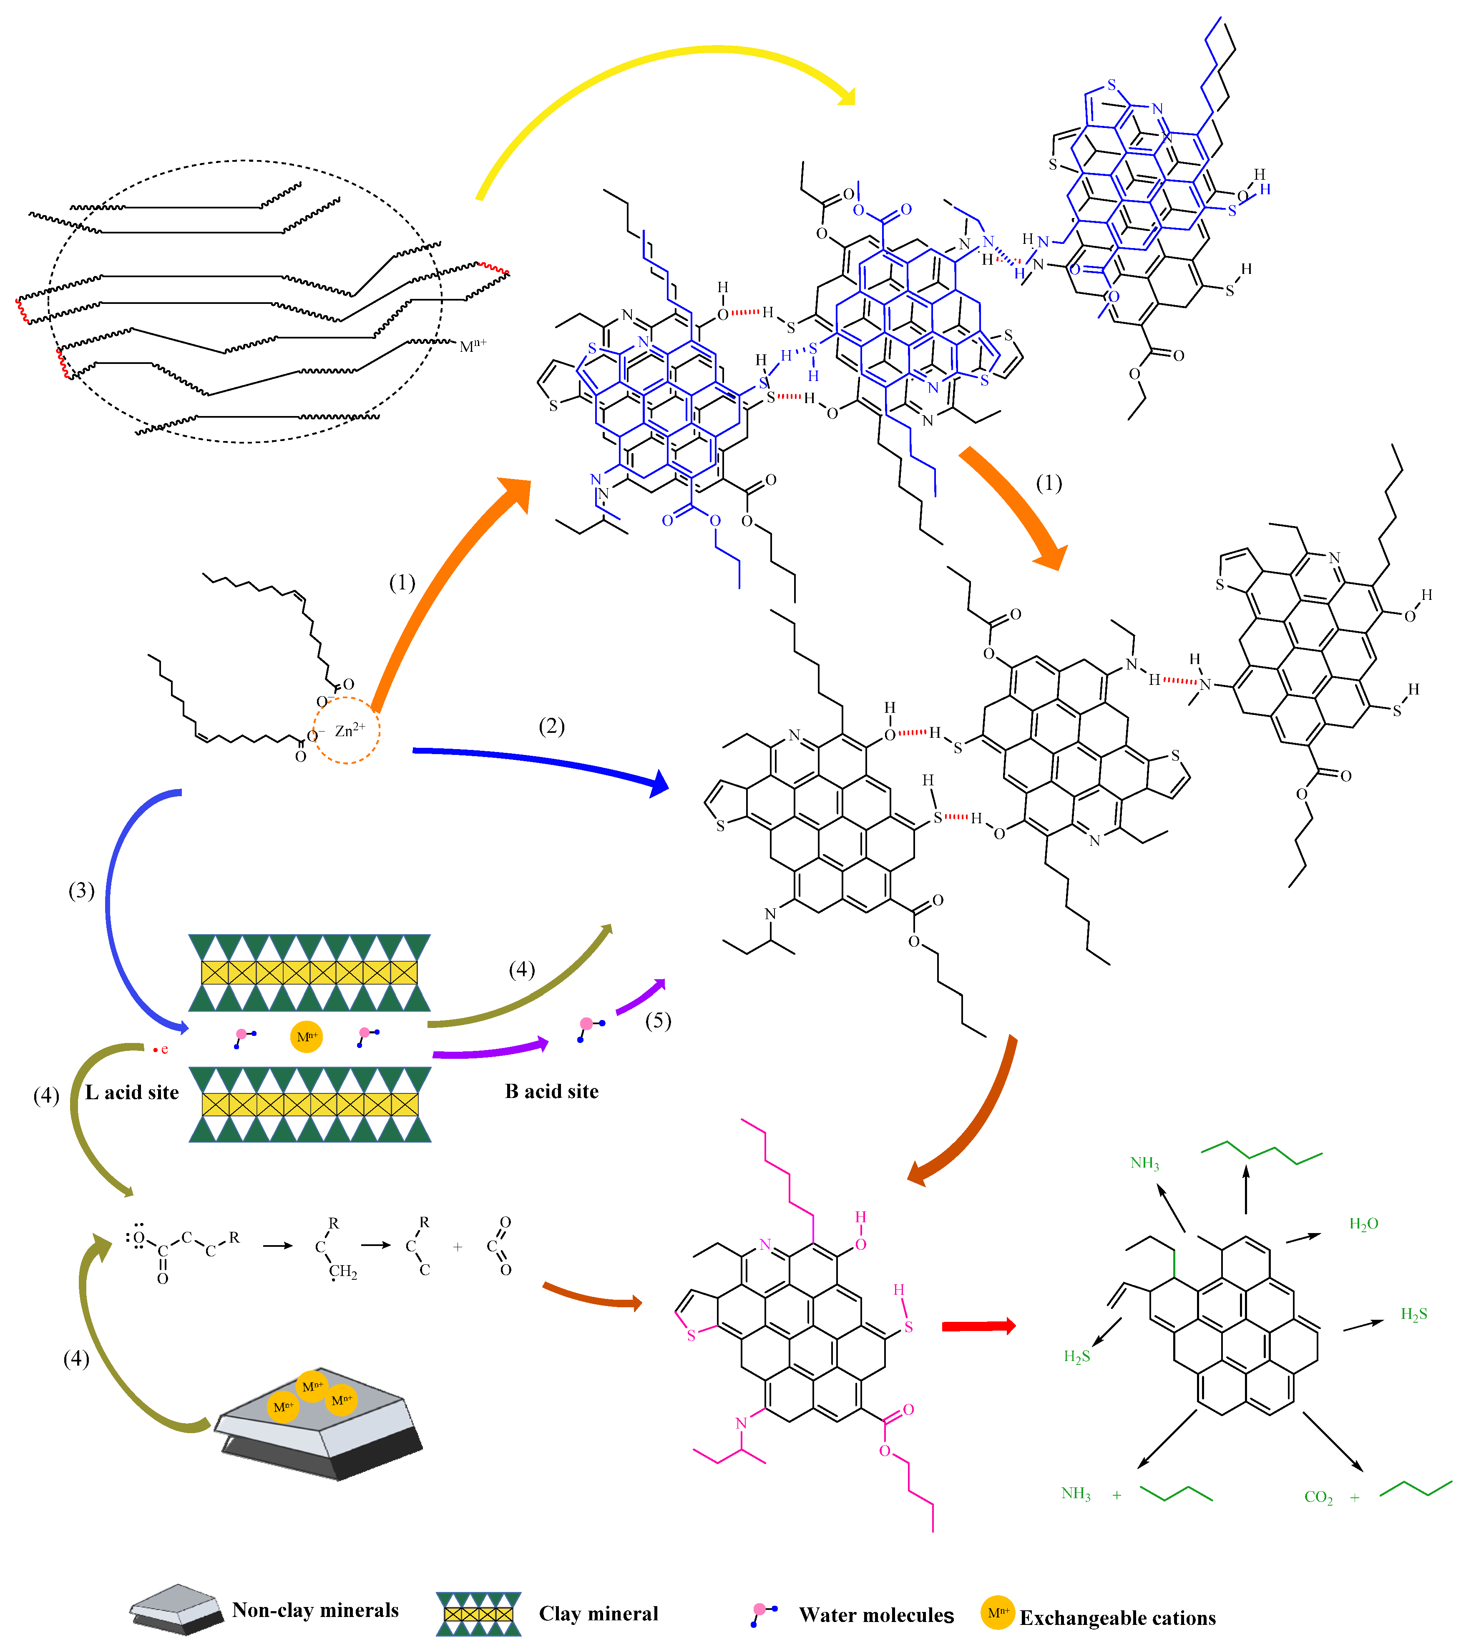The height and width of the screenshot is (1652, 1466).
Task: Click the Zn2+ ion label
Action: coord(350,730)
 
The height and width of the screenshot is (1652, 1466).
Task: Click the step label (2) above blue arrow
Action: coord(551,726)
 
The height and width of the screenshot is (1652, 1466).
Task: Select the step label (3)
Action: coord(81,891)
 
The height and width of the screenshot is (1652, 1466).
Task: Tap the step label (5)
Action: coord(657,1021)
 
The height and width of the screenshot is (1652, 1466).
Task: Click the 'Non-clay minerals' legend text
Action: coord(315,1610)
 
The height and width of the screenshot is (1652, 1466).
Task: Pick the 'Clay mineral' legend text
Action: coord(598,1613)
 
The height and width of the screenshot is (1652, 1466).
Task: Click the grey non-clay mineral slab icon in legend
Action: coord(176,1608)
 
